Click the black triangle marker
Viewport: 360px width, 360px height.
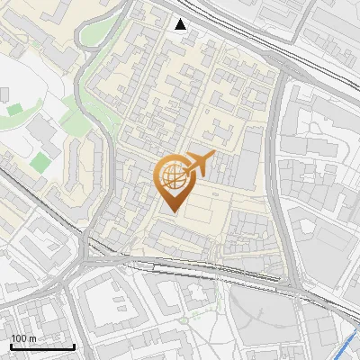[x=181, y=24]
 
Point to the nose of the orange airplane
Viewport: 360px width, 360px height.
[x=214, y=156]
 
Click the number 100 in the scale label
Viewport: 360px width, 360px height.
[x=19, y=338]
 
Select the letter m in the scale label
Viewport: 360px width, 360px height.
[x=32, y=338]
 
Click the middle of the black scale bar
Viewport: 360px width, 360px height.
[x=42, y=346]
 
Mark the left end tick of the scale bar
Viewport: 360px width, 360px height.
[x=11, y=345]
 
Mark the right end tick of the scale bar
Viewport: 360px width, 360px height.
[x=74, y=345]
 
